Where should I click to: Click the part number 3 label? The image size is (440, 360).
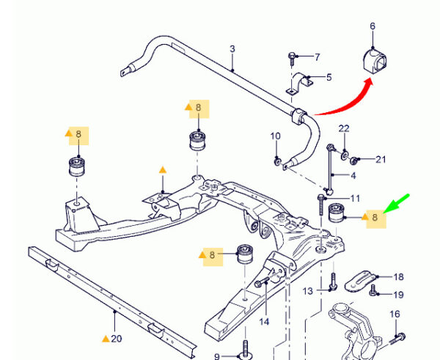232,49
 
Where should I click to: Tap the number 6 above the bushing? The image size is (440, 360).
373,26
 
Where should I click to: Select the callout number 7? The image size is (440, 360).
317,57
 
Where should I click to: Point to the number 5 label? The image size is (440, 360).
329,77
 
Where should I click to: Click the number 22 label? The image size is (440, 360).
344,128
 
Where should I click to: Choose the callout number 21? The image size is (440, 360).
381,159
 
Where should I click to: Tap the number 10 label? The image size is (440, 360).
275,136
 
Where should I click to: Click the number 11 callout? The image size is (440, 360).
355,199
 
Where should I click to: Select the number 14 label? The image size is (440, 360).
264,322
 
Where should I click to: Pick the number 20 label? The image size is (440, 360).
117,339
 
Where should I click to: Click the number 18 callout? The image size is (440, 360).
398,277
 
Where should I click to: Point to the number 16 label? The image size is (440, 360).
395,314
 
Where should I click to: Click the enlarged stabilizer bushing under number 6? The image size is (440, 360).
375,62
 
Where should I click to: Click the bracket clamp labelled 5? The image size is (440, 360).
300,84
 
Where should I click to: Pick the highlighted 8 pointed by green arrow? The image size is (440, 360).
376,218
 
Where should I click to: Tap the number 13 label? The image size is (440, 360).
307,291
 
